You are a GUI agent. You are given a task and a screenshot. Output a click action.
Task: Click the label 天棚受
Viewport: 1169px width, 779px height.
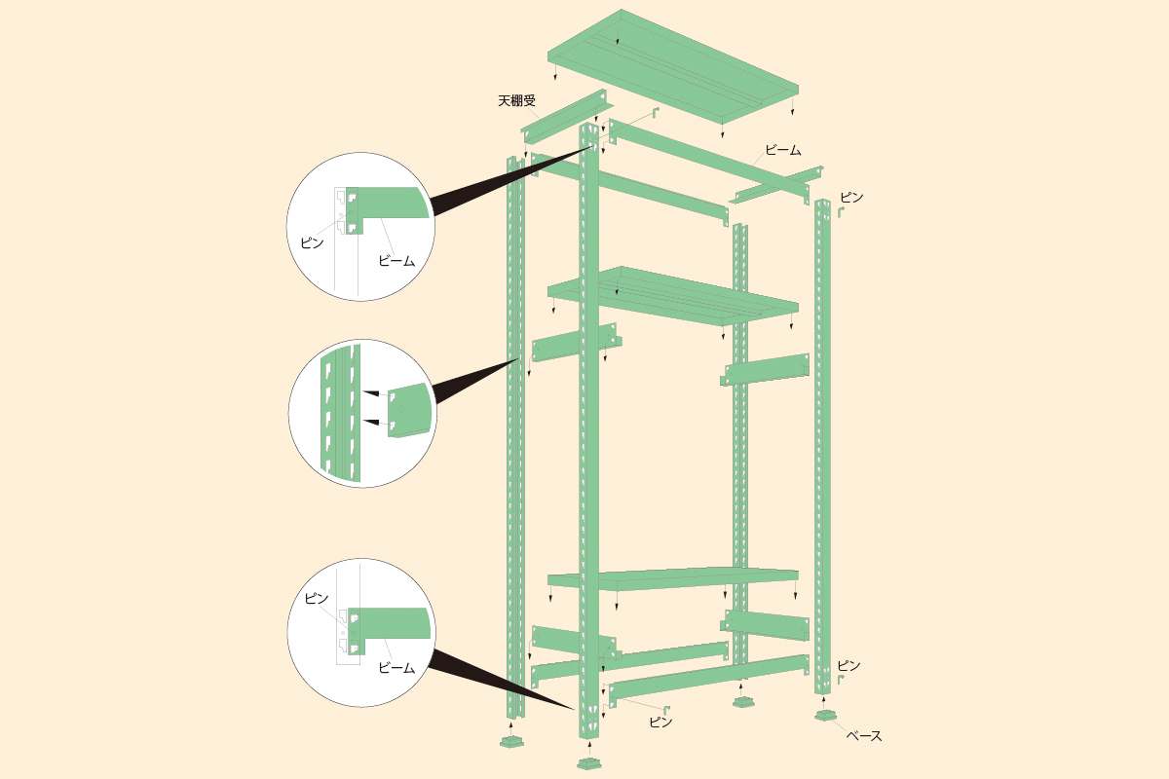click(516, 100)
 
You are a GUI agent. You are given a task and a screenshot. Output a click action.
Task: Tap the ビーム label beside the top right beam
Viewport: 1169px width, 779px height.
click(783, 150)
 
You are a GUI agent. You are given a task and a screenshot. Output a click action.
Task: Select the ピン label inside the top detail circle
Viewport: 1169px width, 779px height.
click(312, 242)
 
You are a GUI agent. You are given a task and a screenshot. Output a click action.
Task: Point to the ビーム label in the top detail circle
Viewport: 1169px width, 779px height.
click(396, 260)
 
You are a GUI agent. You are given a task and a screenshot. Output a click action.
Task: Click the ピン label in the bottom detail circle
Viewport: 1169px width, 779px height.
click(317, 598)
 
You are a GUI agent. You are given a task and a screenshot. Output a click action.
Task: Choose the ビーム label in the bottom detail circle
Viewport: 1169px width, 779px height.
click(396, 667)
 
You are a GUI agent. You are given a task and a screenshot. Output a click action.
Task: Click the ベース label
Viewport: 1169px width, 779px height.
click(864, 736)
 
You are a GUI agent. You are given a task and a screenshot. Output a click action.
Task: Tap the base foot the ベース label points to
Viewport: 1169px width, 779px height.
click(826, 716)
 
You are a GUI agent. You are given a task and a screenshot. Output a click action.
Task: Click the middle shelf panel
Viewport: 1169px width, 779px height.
click(673, 296)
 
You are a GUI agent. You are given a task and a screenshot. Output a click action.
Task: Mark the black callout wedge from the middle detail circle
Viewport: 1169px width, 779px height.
click(475, 380)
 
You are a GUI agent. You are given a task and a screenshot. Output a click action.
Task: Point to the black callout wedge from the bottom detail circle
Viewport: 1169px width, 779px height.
click(501, 679)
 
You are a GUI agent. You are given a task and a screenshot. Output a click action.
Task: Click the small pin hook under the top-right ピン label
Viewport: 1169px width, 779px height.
click(841, 212)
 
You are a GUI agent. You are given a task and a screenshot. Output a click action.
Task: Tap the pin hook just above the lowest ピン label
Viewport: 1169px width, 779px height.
click(666, 710)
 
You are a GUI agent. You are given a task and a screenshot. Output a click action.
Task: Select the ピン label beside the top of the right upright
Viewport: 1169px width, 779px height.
click(851, 198)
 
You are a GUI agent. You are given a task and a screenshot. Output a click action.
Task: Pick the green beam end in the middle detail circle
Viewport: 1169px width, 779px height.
click(410, 410)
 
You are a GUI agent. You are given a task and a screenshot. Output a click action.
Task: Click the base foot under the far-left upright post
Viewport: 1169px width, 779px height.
click(512, 741)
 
